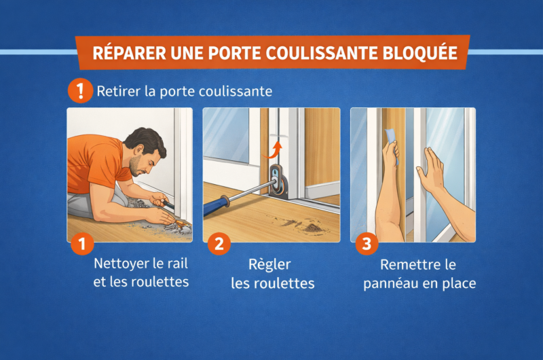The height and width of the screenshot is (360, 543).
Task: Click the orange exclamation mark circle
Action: tap(80, 91)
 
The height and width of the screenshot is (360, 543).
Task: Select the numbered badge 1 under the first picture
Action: tap(82, 244)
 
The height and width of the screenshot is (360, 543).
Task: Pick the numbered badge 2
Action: tap(219, 244)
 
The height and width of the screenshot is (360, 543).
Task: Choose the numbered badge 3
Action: tap(367, 244)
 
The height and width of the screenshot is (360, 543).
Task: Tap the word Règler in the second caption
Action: tap(269, 265)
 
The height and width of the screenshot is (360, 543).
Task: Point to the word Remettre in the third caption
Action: tap(407, 265)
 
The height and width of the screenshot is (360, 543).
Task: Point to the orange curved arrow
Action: tap(273, 150)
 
